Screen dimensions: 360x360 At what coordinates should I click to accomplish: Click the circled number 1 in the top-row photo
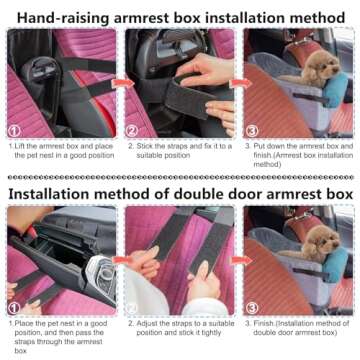pos(14,130)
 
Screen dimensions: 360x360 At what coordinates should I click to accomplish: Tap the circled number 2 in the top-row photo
pos(131,130)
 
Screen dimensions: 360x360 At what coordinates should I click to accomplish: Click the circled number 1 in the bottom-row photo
pos(14,309)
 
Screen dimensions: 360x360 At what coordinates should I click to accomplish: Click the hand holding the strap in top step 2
pos(205,72)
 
